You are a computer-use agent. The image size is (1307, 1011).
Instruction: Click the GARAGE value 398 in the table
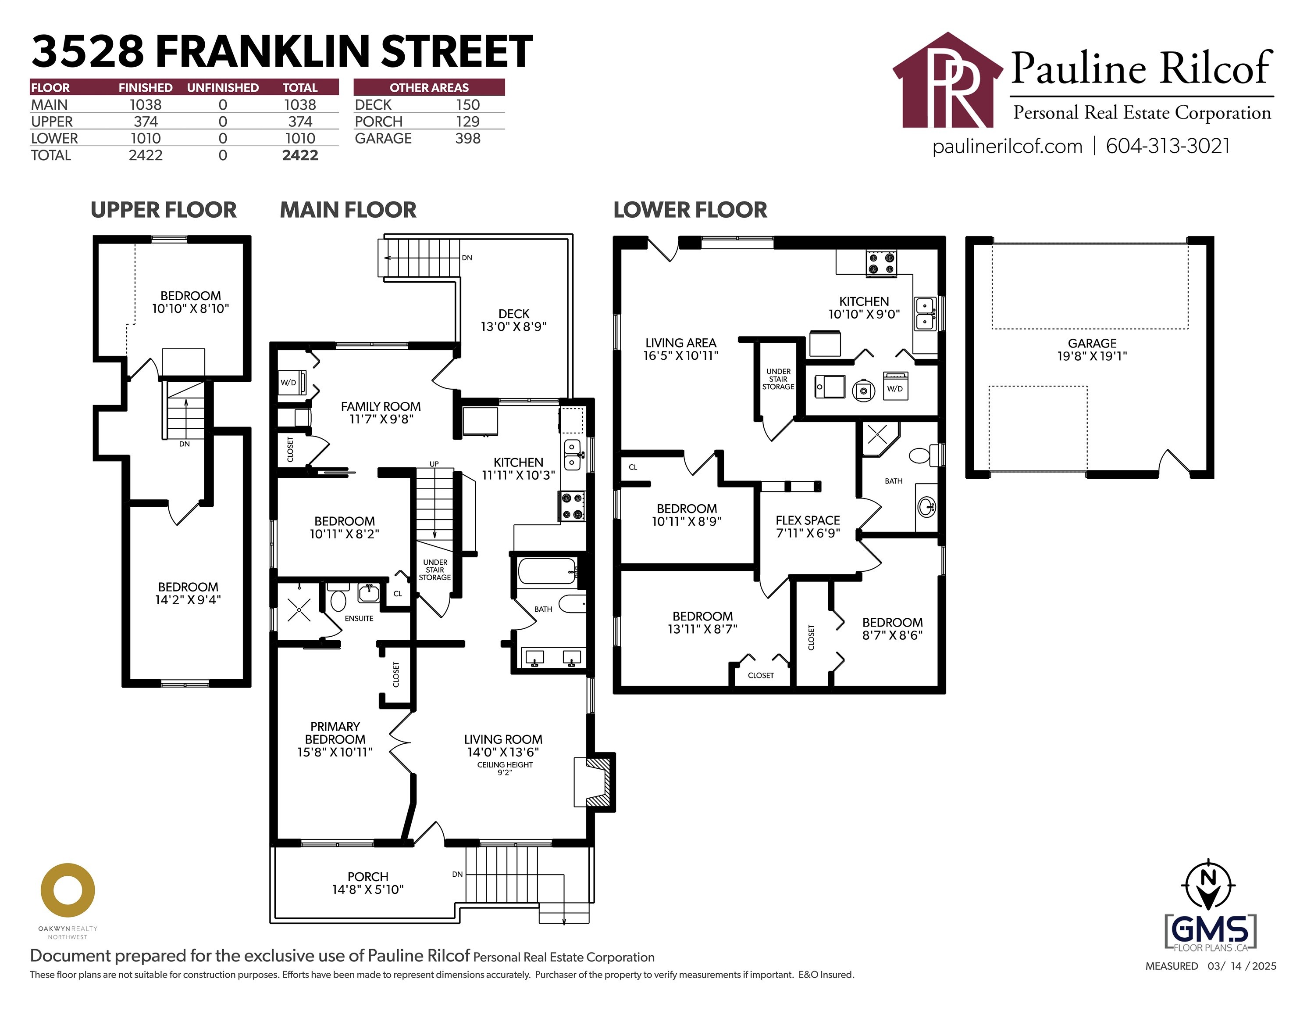coord(467,138)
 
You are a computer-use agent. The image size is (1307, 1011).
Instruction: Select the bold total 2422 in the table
coord(300,155)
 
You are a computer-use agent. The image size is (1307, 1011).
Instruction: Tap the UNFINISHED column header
coord(223,87)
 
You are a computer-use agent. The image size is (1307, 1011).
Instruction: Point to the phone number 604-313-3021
coord(1168,146)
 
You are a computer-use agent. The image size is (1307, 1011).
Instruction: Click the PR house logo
coord(947,81)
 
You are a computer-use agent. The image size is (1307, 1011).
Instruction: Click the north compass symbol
coord(1208,885)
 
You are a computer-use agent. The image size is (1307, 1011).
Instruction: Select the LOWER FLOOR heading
coord(690,210)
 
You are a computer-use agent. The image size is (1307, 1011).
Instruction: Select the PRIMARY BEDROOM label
coord(335,732)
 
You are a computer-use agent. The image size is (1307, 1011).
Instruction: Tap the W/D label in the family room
coord(288,383)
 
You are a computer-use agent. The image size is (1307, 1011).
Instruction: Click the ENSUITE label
coord(359,618)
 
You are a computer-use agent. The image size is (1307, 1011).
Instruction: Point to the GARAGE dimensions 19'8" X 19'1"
coord(1092,356)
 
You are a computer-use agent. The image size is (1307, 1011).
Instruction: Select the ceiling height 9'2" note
coord(505,768)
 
